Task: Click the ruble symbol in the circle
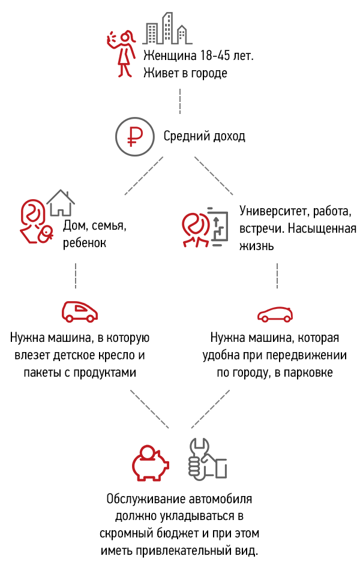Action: (135, 137)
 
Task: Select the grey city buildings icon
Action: (167, 28)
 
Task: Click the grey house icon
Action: (61, 203)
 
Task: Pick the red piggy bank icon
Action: (151, 462)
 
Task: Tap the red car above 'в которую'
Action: (80, 311)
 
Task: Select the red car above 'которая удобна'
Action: (275, 314)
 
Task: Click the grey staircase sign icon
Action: (218, 227)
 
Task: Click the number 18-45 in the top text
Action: (215, 56)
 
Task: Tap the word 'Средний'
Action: (182, 137)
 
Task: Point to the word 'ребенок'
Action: (85, 243)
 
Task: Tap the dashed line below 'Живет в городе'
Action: (180, 101)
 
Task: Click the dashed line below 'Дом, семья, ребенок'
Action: (76, 275)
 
